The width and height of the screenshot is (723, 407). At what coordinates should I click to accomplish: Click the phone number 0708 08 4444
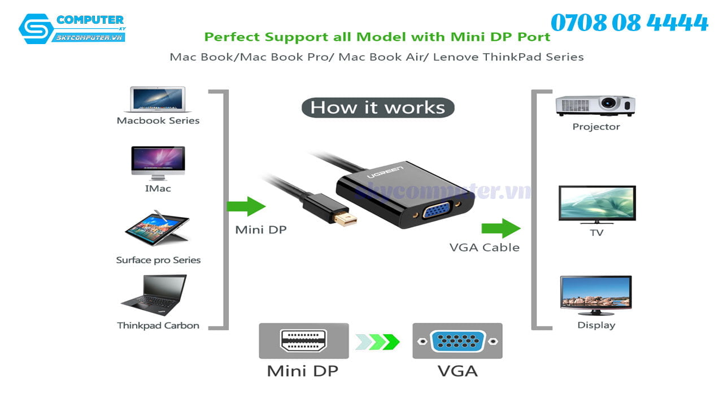point(629,23)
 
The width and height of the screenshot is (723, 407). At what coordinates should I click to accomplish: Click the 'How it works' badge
point(377,107)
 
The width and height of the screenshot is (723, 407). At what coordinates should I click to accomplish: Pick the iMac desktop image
point(158,163)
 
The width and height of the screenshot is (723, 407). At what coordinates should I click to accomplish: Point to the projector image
point(595,105)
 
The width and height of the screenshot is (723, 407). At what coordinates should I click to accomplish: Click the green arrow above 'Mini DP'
point(246,206)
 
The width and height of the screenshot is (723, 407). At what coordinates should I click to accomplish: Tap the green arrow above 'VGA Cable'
point(500,228)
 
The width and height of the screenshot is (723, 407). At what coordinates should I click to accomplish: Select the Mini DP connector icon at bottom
point(303,341)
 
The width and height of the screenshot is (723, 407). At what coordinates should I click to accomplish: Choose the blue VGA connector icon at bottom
point(457,341)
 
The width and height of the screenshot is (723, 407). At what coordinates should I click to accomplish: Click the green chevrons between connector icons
point(378,341)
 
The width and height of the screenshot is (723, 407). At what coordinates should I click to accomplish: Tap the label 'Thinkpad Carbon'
point(158,326)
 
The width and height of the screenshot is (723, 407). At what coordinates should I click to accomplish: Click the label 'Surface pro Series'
point(158,260)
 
